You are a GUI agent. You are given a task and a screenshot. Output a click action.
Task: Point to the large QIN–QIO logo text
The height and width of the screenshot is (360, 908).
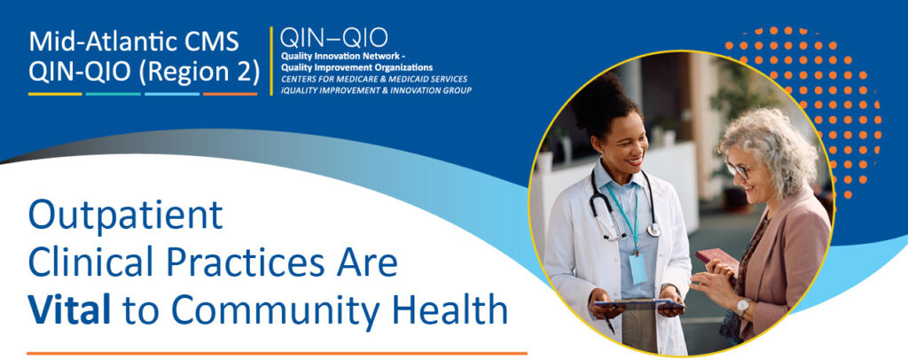(x=334, y=38)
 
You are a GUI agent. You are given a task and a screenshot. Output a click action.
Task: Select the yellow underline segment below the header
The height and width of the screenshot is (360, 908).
(x=55, y=94)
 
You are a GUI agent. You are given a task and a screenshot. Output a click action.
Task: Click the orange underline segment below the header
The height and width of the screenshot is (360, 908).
(x=230, y=94)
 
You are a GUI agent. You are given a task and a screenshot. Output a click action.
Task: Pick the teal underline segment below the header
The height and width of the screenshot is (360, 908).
(x=113, y=94)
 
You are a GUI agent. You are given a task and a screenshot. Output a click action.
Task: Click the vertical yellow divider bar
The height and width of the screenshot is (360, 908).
(x=271, y=61)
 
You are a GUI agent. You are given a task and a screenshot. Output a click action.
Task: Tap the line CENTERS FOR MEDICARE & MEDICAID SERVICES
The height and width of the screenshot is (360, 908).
(x=373, y=79)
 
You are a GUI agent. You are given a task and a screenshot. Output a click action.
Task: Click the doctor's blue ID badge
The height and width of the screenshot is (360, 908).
(x=638, y=269)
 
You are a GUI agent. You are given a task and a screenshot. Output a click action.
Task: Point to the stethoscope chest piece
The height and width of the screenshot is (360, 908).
(x=654, y=230)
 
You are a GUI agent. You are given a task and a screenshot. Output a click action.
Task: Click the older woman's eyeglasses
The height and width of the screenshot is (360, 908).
(x=737, y=170)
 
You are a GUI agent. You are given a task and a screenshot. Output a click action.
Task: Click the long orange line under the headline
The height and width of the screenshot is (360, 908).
(x=277, y=353)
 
